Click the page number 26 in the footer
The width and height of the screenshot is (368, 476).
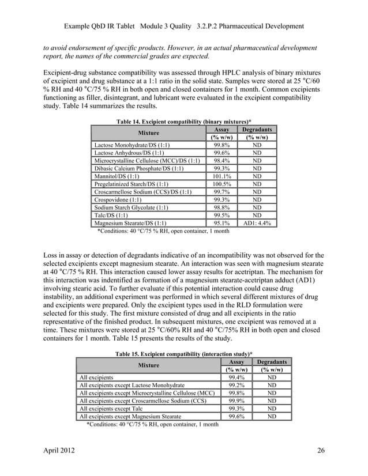click(321, 449)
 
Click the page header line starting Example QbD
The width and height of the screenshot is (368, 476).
click(183, 27)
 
